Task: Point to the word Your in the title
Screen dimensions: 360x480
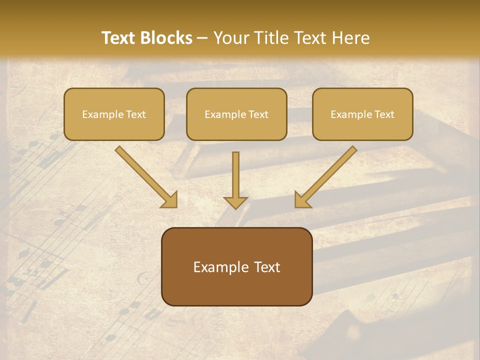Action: pos(230,38)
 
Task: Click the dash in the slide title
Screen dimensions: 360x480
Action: pos(202,38)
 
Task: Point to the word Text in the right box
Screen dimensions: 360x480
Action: pos(384,114)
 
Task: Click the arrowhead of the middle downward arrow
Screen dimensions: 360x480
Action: pos(235,202)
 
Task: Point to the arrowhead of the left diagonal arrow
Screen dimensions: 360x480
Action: pos(170,200)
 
